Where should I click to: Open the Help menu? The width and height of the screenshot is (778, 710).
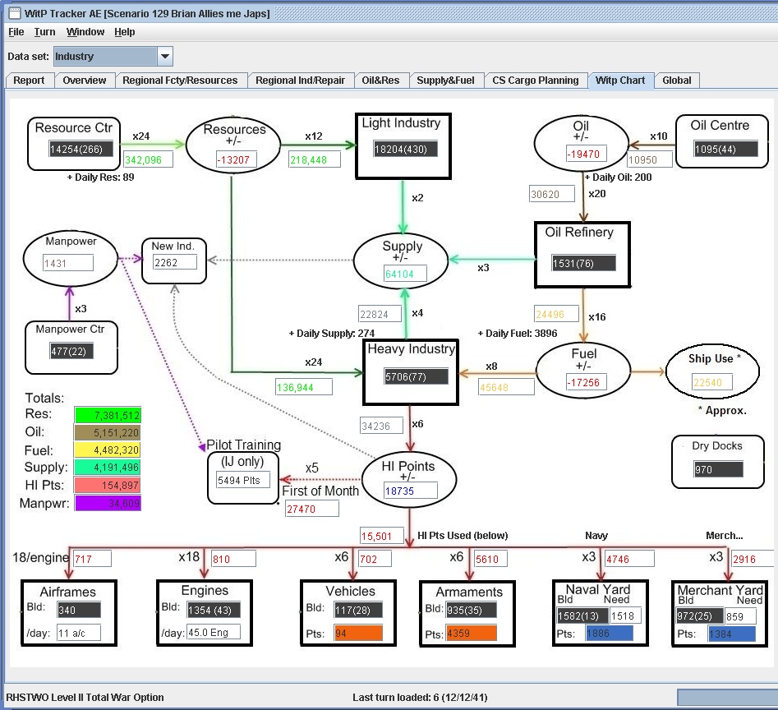point(125,32)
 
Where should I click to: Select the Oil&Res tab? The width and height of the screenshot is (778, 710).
point(380,81)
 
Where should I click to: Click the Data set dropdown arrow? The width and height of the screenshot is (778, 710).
point(165,57)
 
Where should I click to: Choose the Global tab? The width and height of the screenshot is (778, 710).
point(677,81)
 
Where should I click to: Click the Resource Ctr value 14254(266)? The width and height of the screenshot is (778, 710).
point(81,150)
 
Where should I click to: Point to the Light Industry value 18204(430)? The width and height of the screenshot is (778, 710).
point(405,149)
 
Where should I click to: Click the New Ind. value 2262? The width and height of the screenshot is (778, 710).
point(174,263)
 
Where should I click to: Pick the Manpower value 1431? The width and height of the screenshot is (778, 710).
point(68,263)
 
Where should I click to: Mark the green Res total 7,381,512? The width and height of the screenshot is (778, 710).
point(108,415)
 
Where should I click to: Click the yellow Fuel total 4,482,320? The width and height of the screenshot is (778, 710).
point(108,450)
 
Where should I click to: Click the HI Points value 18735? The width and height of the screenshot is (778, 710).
point(409,491)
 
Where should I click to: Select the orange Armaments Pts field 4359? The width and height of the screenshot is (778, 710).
point(472,634)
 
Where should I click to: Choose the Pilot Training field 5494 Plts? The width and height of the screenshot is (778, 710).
point(243,479)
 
